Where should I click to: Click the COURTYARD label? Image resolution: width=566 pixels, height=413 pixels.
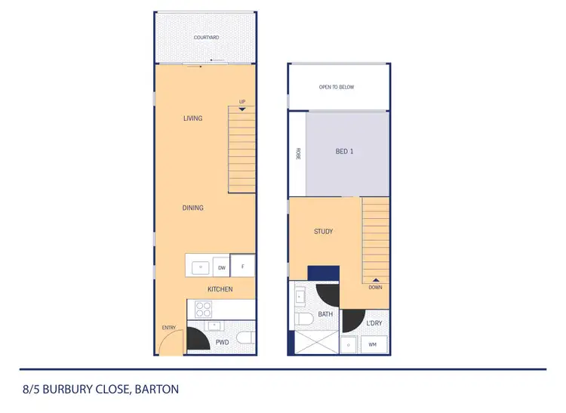205,37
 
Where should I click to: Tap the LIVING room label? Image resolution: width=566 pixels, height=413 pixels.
192,118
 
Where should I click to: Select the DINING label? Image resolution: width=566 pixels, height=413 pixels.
192,208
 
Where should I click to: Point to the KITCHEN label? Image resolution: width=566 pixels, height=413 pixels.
220,289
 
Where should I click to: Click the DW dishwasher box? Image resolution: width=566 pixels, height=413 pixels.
222,267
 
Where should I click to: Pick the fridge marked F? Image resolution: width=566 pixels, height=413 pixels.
243,266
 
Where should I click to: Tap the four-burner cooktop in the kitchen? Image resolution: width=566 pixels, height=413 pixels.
204,308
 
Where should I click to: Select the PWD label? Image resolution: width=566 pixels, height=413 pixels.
222,342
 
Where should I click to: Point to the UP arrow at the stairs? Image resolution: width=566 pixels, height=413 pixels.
242,109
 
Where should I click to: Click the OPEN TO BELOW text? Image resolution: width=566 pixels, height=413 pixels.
337,87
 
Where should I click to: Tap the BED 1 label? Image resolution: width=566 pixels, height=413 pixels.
344,152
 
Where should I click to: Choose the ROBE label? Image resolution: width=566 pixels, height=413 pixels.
298,153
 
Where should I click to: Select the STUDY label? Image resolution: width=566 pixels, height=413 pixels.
323,232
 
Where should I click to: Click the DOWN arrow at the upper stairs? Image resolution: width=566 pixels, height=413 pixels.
375,280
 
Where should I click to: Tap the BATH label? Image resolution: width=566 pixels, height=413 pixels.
325,314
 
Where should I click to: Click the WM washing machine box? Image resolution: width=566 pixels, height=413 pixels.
372,344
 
